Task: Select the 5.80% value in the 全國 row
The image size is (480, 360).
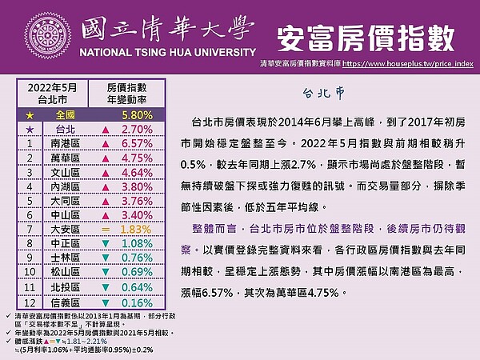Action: coord(133,114)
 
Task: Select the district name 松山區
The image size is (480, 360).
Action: coord(66,273)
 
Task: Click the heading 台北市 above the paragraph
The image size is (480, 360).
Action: coord(324,92)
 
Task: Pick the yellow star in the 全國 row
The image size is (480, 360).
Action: coord(29,114)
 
